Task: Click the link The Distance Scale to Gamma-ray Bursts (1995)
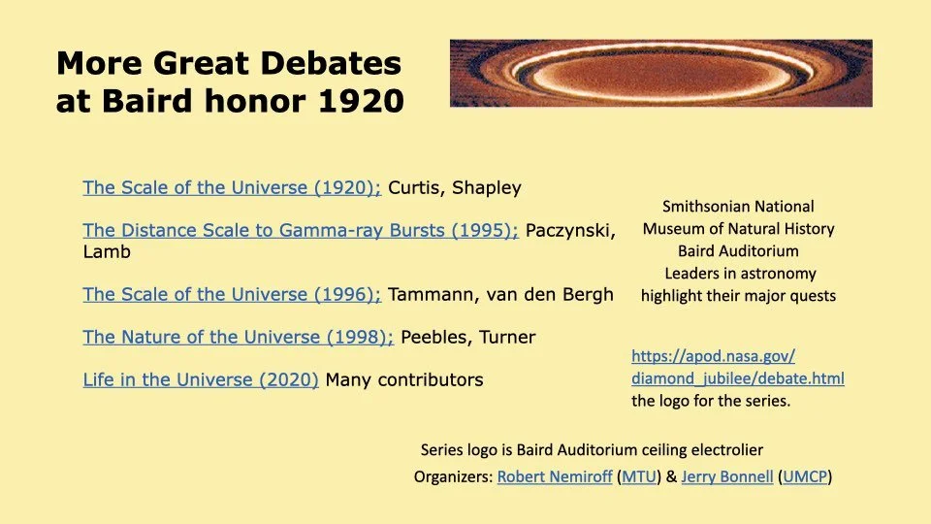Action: (301, 231)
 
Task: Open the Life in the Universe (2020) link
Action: (201, 380)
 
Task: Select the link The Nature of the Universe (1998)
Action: (238, 338)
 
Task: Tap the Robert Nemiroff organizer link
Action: (554, 477)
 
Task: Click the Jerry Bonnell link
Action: (726, 477)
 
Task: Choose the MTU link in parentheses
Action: (639, 477)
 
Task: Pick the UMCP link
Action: (805, 477)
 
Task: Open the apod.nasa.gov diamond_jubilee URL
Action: (737, 368)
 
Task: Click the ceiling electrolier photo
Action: (660, 73)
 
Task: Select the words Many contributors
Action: (403, 380)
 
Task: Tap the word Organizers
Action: (453, 477)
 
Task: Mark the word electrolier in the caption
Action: (715, 450)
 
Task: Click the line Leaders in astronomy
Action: (740, 274)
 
